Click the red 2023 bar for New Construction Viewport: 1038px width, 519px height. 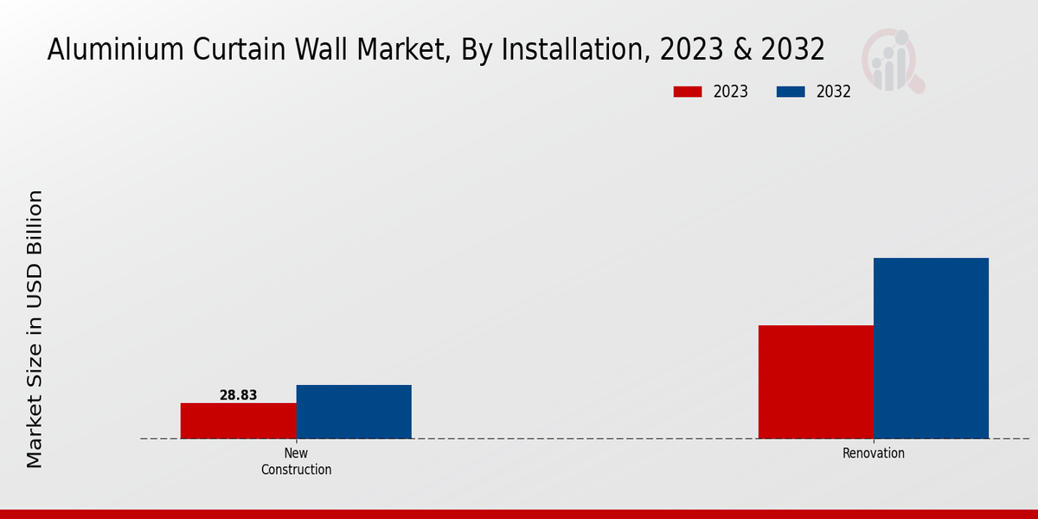[x=238, y=420]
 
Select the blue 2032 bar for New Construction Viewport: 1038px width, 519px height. [x=354, y=412]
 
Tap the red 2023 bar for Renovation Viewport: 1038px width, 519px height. [x=816, y=381]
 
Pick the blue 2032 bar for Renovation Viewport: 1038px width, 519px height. [x=931, y=348]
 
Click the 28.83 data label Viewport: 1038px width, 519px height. [x=238, y=395]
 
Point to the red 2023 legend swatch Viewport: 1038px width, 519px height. [x=688, y=92]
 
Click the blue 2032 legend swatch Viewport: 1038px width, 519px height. [x=791, y=92]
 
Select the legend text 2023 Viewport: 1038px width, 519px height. [x=731, y=92]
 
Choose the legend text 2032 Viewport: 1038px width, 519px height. [x=834, y=92]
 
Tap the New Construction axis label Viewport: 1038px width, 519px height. [x=296, y=462]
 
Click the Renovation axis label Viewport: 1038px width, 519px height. [x=873, y=453]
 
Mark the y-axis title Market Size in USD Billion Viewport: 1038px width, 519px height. [x=35, y=329]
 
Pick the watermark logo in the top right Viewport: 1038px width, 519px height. [x=892, y=61]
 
